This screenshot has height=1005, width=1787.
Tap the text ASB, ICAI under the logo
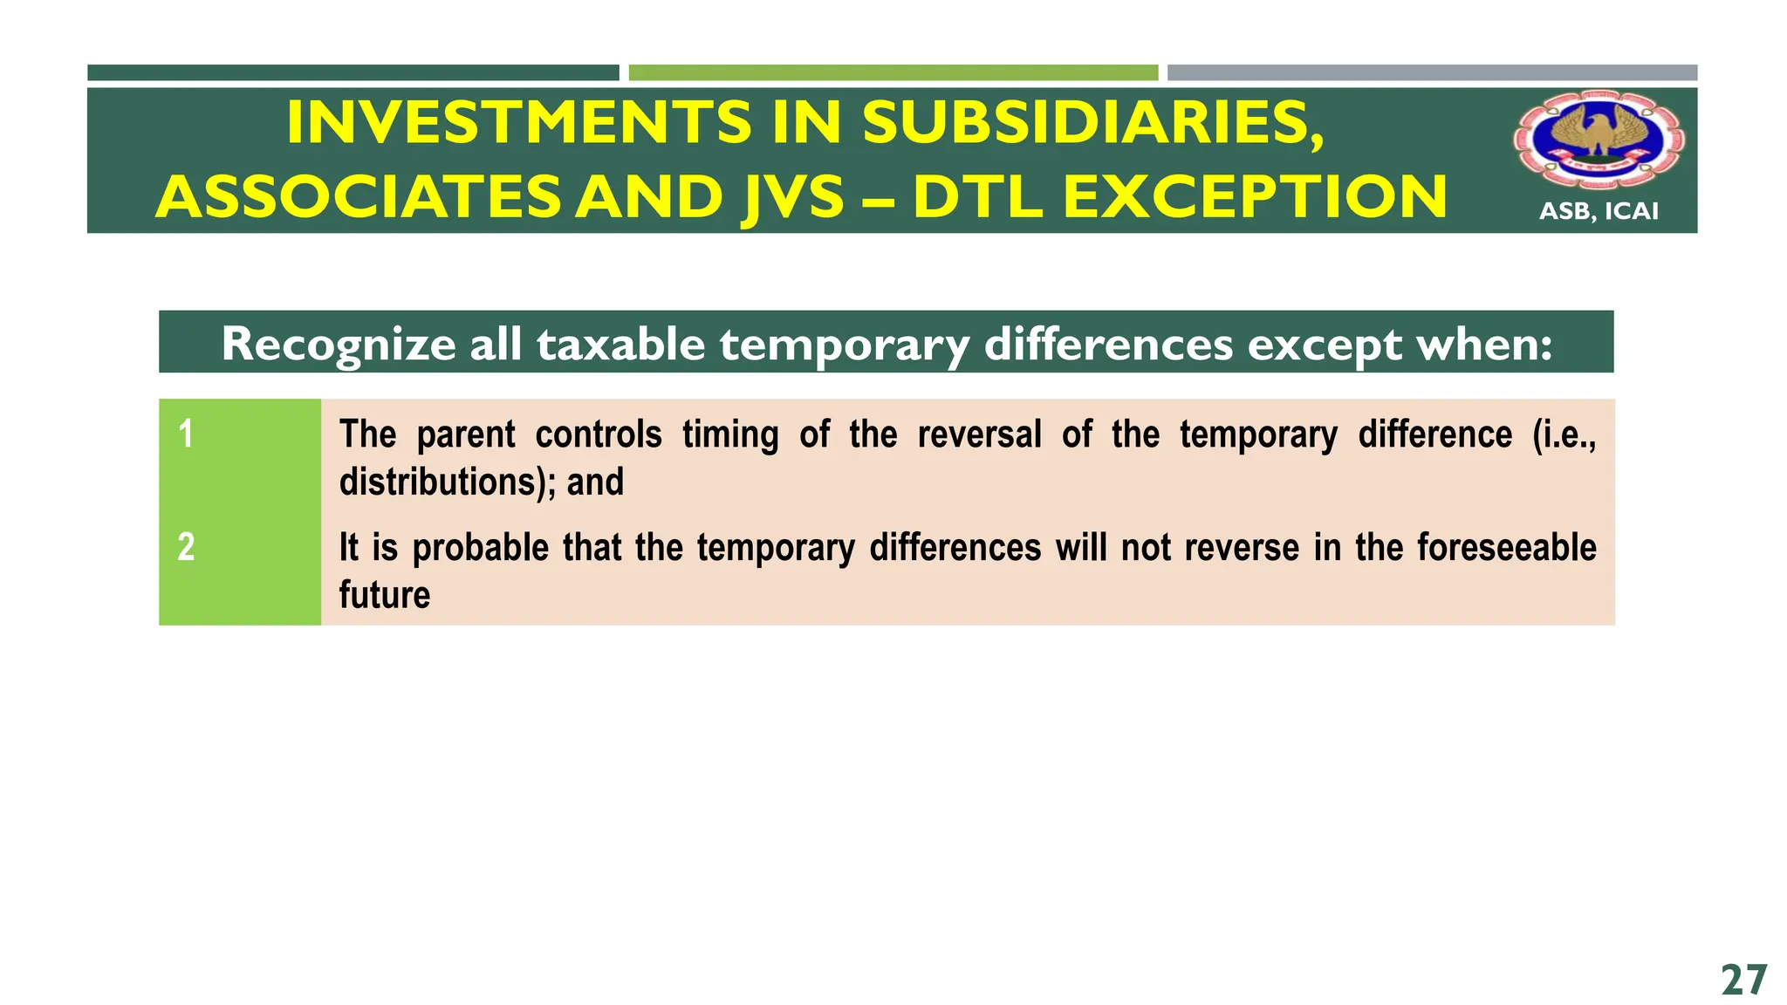click(1599, 211)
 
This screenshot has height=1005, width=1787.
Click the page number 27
click(1744, 981)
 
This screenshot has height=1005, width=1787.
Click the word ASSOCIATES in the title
click(358, 196)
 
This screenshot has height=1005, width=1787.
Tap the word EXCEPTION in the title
click(1255, 196)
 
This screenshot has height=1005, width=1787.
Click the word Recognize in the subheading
click(339, 344)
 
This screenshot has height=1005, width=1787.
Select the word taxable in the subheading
click(620, 344)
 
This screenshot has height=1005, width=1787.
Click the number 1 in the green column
click(186, 434)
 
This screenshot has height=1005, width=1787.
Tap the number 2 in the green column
click(186, 547)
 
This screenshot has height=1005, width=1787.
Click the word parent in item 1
click(466, 434)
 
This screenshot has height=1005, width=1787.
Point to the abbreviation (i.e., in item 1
click(1564, 434)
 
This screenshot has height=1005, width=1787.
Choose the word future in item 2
click(385, 595)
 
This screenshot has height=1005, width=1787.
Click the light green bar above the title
click(893, 72)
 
